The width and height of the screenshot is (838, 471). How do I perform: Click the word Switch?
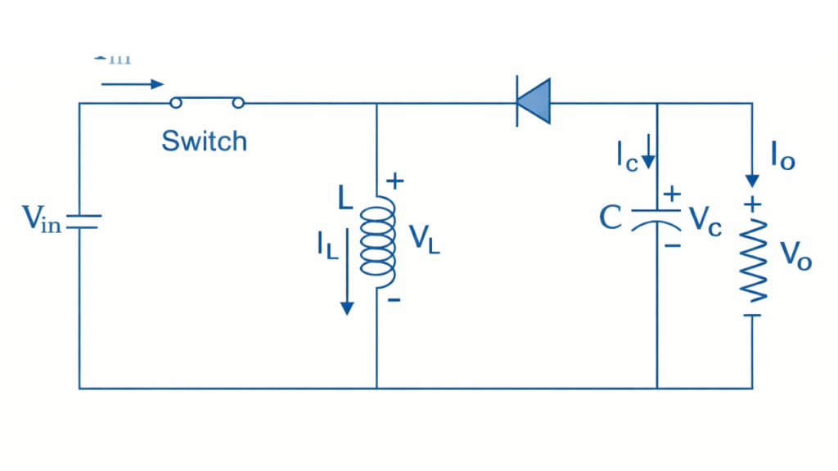(204, 141)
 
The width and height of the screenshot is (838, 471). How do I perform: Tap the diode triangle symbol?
(534, 102)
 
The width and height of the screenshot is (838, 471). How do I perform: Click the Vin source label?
(42, 218)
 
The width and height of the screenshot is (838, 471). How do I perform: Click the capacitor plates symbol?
(656, 220)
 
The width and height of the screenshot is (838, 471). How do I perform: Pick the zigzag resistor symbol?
(753, 261)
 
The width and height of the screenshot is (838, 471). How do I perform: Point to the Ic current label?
(627, 155)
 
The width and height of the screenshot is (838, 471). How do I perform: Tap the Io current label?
(782, 155)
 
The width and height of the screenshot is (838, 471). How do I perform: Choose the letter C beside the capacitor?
(610, 218)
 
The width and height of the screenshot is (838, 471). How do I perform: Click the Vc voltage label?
(705, 221)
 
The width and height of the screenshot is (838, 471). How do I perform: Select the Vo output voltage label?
(795, 255)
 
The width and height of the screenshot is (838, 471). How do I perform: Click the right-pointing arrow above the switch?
(133, 83)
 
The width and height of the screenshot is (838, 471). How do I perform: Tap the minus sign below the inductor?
(394, 300)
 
